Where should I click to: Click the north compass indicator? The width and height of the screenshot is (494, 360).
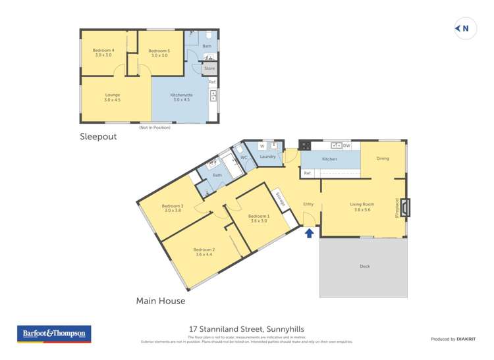click(465, 28)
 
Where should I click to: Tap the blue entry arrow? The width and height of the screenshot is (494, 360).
click(309, 232)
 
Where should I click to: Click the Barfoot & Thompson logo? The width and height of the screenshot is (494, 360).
click(55, 334)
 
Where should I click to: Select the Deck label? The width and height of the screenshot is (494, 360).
click(364, 266)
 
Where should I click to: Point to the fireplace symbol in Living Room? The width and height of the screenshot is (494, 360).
click(404, 208)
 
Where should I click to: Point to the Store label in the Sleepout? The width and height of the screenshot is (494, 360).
click(209, 68)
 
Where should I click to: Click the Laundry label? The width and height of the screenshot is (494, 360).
click(267, 157)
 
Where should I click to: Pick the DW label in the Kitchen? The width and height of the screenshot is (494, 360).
click(346, 145)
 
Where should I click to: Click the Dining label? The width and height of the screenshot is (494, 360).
click(383, 159)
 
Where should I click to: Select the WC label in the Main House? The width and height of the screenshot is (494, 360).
click(243, 158)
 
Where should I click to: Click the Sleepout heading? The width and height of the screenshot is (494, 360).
click(98, 137)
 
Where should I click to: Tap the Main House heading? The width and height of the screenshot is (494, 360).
click(160, 301)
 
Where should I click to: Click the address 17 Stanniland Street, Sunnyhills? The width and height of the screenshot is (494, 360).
click(246, 329)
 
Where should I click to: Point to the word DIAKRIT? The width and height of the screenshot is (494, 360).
click(471, 339)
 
